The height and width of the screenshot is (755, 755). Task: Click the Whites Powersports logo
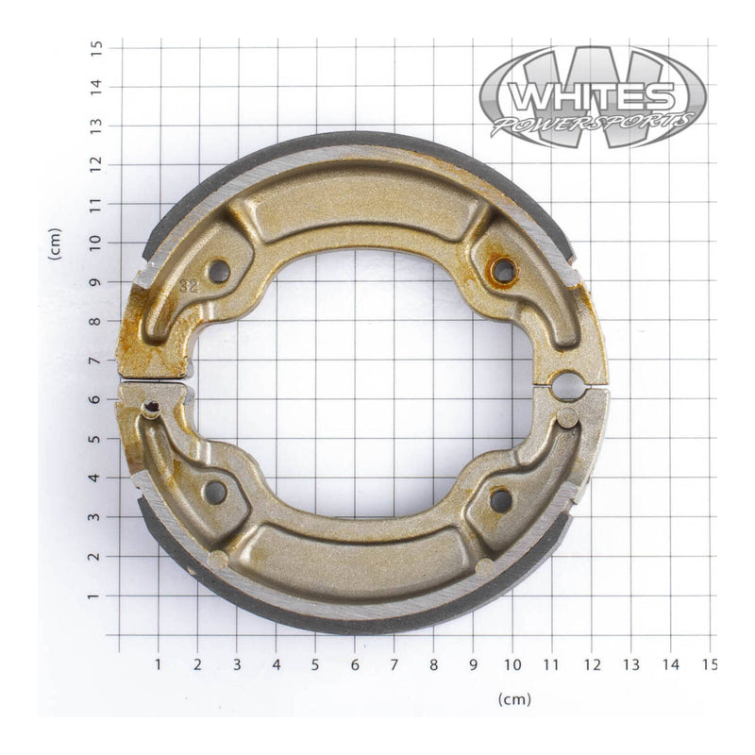point(592,97)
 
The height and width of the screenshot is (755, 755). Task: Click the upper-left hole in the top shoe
point(219,272)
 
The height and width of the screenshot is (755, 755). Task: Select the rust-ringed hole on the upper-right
point(503,272)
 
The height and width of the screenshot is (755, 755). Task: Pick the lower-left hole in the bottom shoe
point(215,492)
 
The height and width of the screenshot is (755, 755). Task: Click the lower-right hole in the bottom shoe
point(500,499)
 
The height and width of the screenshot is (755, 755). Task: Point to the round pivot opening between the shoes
point(567,385)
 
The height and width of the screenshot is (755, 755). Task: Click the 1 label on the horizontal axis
point(158,665)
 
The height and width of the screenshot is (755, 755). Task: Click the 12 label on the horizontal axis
point(592,665)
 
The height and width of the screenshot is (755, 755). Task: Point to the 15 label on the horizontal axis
point(710,665)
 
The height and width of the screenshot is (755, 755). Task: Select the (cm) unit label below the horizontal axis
point(514,699)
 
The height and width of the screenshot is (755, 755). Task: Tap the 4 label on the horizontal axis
point(277,665)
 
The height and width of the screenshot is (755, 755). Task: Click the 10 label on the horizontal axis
point(512,665)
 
